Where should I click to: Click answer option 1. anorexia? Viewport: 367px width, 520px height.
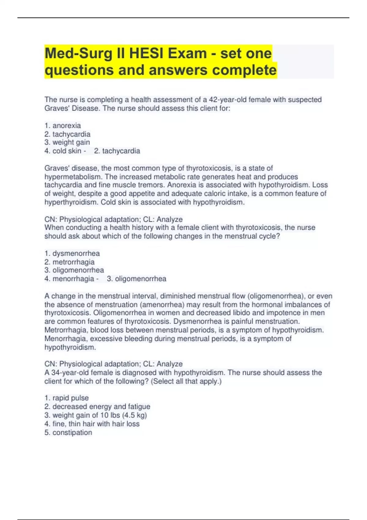click(x=63, y=125)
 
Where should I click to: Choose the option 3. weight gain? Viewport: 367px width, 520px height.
click(x=67, y=142)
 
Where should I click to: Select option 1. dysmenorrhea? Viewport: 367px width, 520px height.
click(x=72, y=253)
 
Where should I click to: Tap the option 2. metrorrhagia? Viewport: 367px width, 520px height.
click(x=69, y=262)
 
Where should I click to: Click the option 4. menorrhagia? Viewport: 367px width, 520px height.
click(x=69, y=279)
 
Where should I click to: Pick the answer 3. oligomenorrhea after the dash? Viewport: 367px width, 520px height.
click(x=136, y=279)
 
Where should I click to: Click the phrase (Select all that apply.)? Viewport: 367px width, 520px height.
click(x=186, y=381)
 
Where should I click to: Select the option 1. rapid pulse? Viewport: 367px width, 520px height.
click(x=66, y=398)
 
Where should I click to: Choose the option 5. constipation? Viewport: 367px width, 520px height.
click(x=68, y=433)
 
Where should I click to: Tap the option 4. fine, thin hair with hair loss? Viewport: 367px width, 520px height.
click(x=92, y=424)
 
